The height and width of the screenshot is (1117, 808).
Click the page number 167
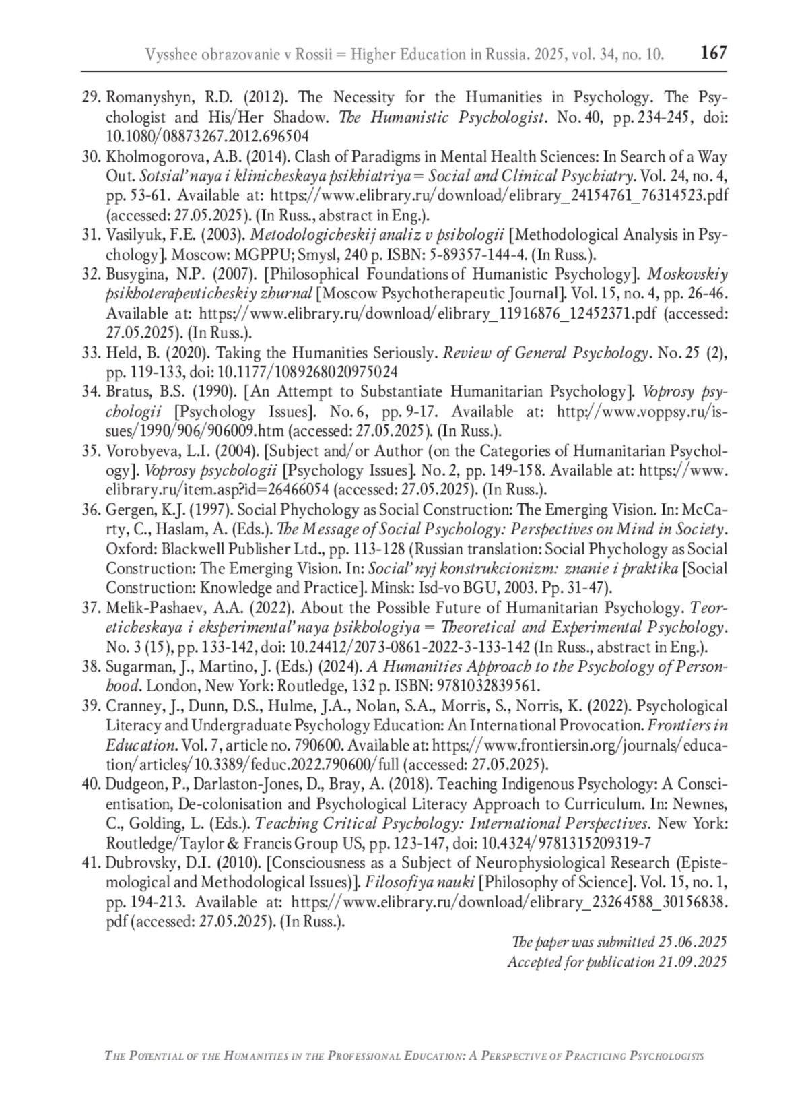tap(714, 53)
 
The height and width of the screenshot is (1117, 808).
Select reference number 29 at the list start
tap(91, 98)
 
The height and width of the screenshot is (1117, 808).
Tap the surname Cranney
tap(129, 706)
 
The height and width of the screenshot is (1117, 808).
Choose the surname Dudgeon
tap(134, 784)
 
